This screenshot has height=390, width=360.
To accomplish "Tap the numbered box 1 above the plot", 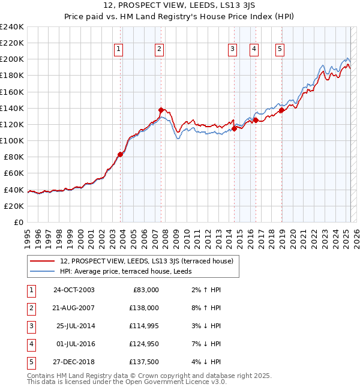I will (x=118, y=49).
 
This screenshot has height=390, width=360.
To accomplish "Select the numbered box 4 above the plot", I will (x=254, y=49).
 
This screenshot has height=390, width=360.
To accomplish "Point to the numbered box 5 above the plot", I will (x=280, y=49).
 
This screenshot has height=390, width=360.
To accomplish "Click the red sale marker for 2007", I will (x=161, y=110).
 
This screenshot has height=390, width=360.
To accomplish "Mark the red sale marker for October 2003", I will (x=121, y=154).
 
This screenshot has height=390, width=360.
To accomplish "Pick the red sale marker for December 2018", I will (x=282, y=110).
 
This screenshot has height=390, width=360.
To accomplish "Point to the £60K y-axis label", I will (x=13, y=173).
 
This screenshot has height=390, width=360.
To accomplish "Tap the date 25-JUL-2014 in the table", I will (x=75, y=326).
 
